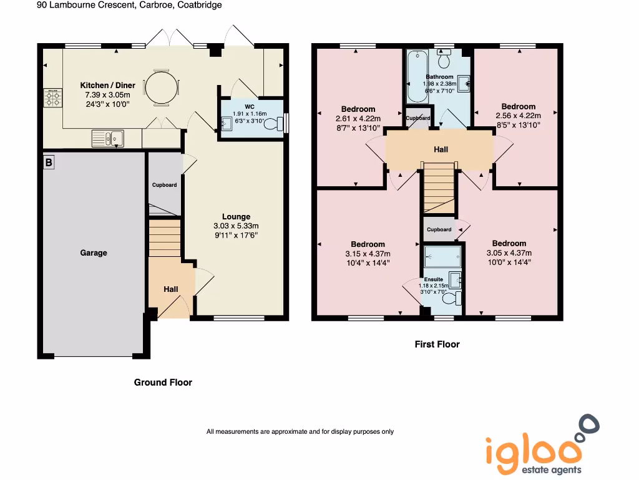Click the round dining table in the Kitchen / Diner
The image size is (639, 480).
tap(161, 86)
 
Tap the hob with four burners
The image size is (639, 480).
tap(53, 98)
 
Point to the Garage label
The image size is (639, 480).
tap(94, 253)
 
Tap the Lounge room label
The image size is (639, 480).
tap(236, 217)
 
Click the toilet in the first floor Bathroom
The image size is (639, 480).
tap(444, 60)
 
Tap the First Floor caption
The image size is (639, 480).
tap(437, 344)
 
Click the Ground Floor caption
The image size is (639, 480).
tap(163, 382)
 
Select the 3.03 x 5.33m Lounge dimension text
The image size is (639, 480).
tap(236, 226)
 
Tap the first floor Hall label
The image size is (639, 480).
tap(441, 149)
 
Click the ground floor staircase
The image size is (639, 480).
tap(165, 237)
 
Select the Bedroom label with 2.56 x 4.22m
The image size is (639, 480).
tap(518, 106)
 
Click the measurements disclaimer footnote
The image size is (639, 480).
tap(300, 431)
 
